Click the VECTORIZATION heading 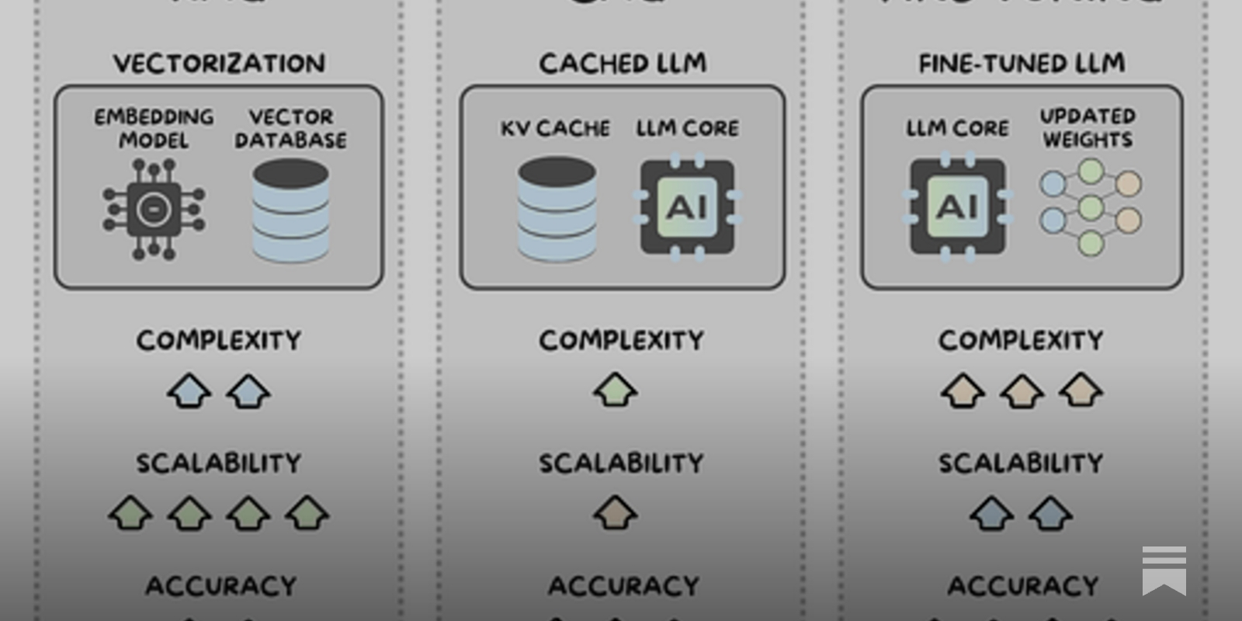point(219,63)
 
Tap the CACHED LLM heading point(623,63)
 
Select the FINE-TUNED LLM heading point(1022,63)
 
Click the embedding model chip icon point(154,209)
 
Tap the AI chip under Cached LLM point(687,207)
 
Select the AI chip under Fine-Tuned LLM point(957,206)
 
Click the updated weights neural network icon point(1091,206)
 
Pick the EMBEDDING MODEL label point(154,128)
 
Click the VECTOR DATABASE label point(291,128)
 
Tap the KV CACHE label point(555,128)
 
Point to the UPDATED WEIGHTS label point(1088,128)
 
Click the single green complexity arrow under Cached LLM point(616,390)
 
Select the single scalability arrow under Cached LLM point(616,512)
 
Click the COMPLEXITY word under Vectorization point(219,340)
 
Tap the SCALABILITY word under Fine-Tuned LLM point(1021,463)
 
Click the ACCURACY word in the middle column point(623,585)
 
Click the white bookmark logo point(1164,570)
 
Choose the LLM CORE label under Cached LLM point(687,128)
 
